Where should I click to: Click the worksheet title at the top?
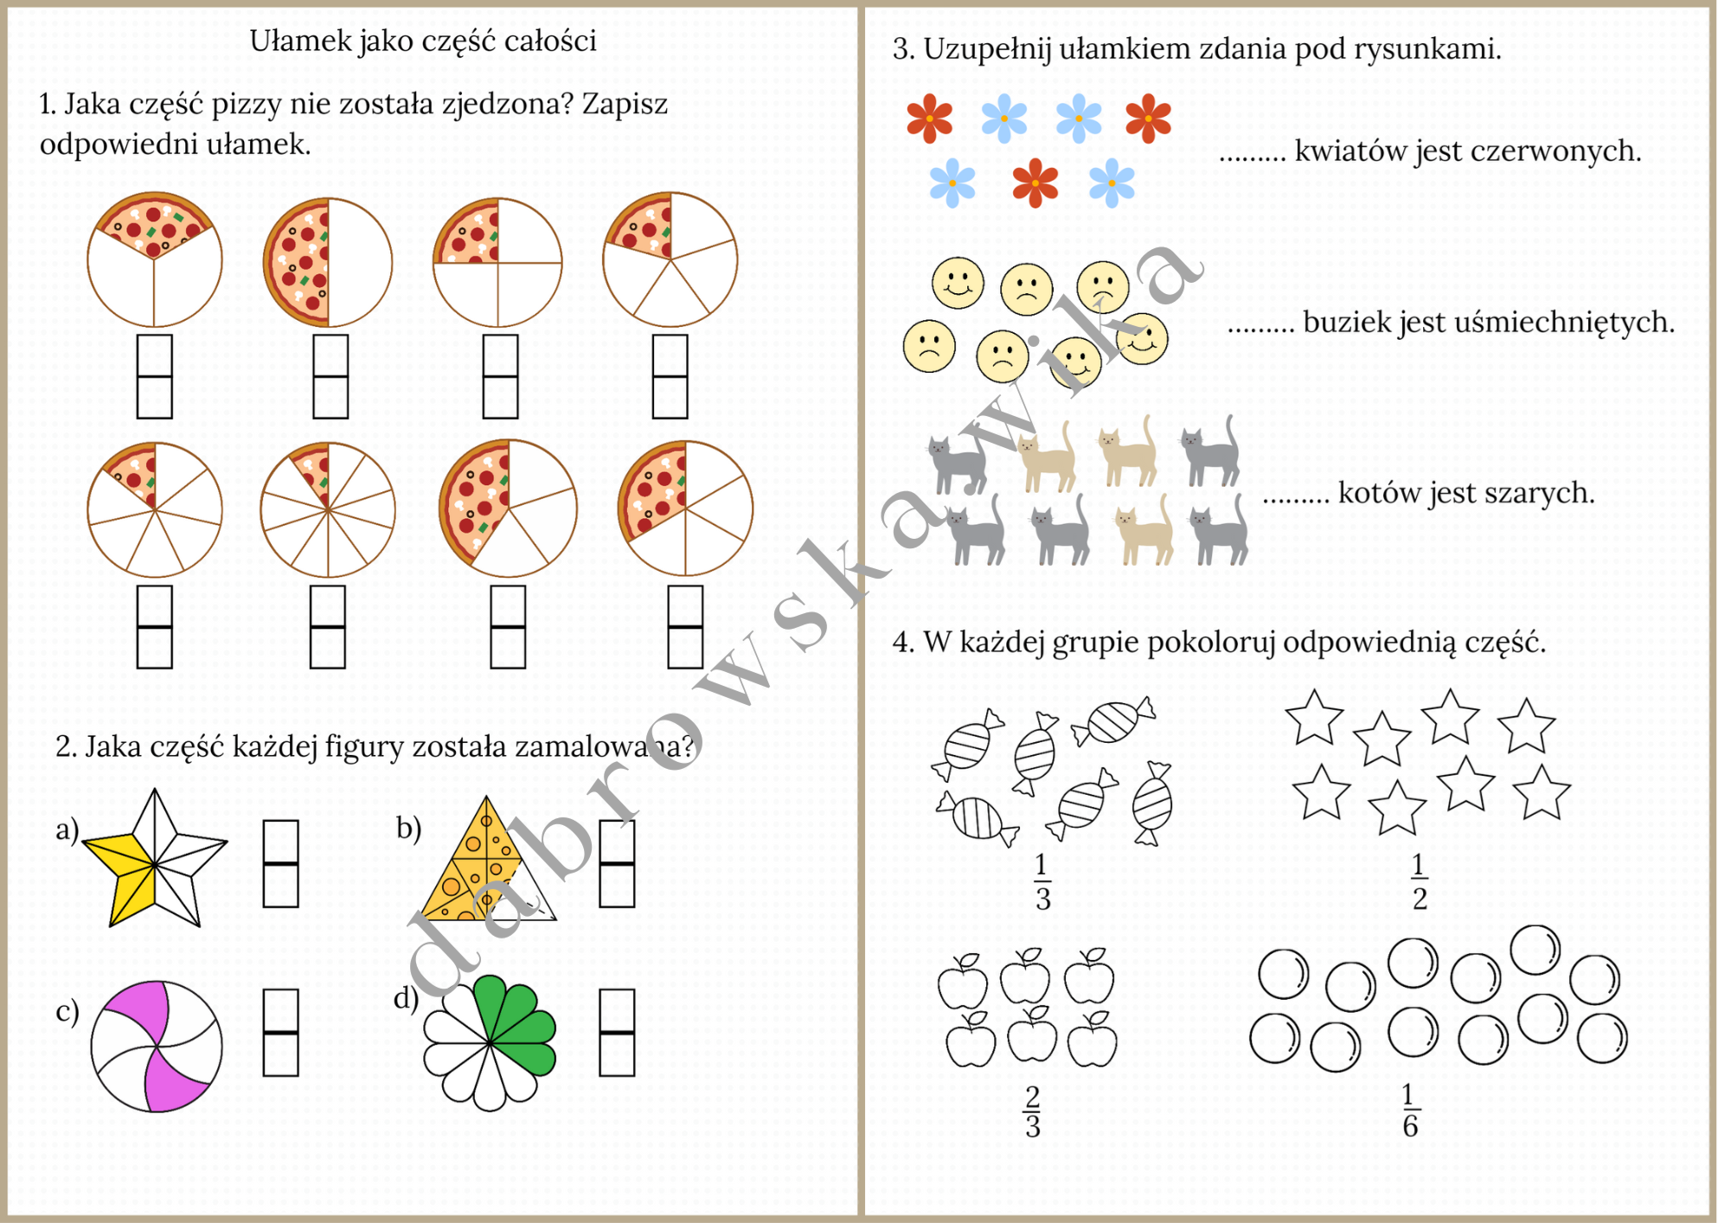coord(423,41)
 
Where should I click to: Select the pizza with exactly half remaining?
coord(327,262)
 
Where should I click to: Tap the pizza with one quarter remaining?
coord(497,262)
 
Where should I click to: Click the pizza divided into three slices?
coord(155,259)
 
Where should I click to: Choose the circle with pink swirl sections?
coord(157,1046)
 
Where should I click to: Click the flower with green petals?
coord(490,1041)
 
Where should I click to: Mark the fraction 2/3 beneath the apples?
coord(1032,1111)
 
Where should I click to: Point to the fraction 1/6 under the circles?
coord(1410,1111)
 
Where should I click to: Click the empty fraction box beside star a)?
coord(280,863)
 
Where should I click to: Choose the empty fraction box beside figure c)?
coord(280,1033)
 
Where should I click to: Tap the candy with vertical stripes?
coord(978,817)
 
